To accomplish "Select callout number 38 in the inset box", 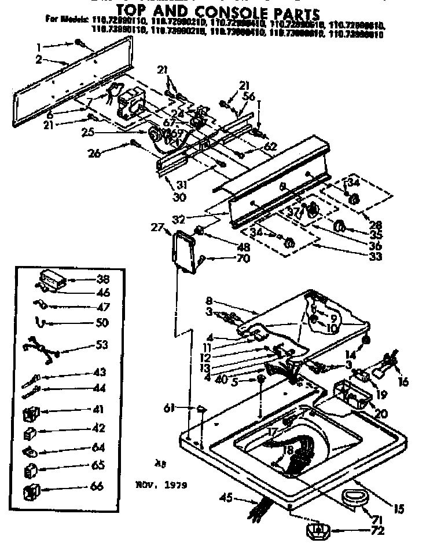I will click(104, 278).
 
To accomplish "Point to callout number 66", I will click(97, 487).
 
